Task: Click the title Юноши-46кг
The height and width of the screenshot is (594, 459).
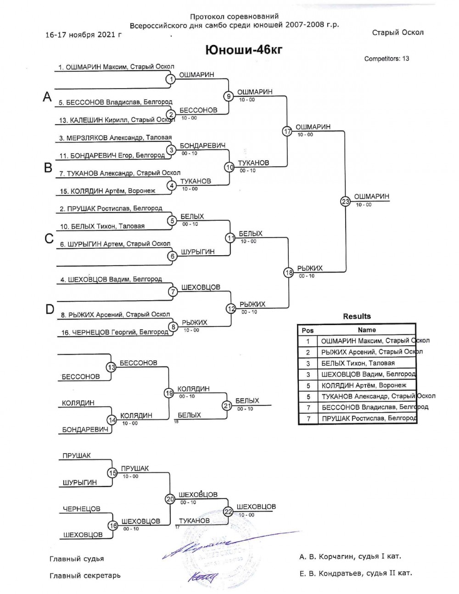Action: (243, 50)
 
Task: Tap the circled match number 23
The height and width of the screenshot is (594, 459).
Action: (345, 201)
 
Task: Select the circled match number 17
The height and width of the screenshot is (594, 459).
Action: (287, 131)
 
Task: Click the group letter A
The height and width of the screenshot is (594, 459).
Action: (47, 97)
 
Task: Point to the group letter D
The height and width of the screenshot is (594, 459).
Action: (50, 310)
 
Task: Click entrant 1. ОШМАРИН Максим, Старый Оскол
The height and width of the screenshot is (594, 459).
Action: (116, 67)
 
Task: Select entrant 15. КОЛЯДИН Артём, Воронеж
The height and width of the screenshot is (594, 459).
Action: (107, 191)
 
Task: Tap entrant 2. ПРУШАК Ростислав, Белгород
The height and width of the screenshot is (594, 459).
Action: (111, 208)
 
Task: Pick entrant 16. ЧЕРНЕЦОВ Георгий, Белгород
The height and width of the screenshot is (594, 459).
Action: (115, 332)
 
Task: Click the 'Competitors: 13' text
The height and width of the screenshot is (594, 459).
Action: (386, 59)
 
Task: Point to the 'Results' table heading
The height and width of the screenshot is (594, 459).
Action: (357, 316)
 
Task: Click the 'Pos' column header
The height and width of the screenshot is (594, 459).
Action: (308, 330)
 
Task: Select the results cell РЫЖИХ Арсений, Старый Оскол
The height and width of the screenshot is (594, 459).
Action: (371, 352)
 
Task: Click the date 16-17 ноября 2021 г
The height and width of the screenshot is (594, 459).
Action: (84, 35)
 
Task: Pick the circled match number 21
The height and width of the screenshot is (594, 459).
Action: (227, 405)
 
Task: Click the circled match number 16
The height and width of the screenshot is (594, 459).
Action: (112, 526)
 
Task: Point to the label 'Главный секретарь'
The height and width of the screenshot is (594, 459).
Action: (85, 576)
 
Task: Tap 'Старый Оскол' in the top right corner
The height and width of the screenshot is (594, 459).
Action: (397, 33)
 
